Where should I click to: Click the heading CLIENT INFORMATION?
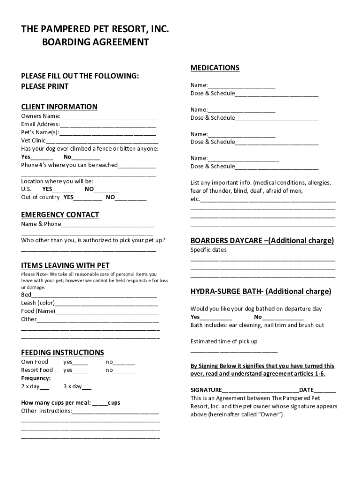tap(59, 107)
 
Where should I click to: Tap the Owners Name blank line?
tap(108, 117)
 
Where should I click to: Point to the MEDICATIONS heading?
tap(215, 68)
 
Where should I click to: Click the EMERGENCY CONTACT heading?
tap(60, 215)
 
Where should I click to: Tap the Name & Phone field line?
tap(108, 225)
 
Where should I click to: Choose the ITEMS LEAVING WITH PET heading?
tap(65, 266)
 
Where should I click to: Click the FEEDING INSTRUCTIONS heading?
tap(62, 353)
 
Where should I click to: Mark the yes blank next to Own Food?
tap(80, 363)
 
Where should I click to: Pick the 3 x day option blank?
tap(86, 387)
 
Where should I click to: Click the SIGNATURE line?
tap(260, 391)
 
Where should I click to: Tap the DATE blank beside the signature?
tap(324, 391)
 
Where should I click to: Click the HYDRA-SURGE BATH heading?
tap(260, 291)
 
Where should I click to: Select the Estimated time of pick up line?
tap(234, 351)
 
